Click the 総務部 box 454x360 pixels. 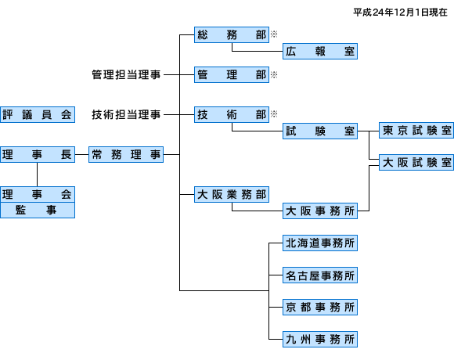pos(232,34)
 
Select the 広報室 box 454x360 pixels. pos(320,51)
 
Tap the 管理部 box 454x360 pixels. pos(232,74)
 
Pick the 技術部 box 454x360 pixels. pos(232,114)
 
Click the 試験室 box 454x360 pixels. pos(320,131)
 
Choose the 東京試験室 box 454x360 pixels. pos(416,130)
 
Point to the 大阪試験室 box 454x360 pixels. pos(416,162)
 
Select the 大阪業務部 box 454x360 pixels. pos(232,194)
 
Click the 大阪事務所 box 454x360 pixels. pos(320,211)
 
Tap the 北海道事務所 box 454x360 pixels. pos(320,243)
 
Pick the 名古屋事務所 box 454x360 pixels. pos(320,275)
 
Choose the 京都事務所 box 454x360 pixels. pos(320,307)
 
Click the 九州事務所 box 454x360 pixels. pos(320,339)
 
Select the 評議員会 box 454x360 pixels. pos(38,114)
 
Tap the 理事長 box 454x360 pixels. pos(38,154)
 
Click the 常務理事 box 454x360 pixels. pos(126,154)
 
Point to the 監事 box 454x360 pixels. pos(38,210)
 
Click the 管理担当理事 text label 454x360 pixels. pos(126,74)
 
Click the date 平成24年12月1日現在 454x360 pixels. pos(400,13)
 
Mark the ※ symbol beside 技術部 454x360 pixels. pos(274,113)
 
